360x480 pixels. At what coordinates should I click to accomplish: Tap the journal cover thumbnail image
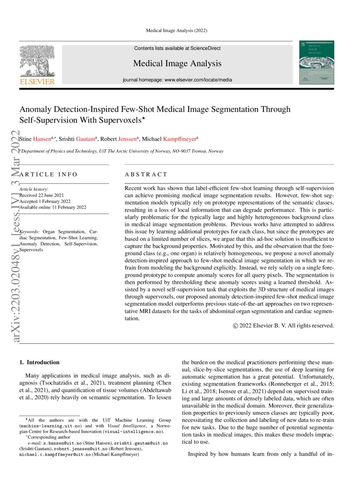tap(316, 62)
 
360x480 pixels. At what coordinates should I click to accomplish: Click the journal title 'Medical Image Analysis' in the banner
tap(177, 64)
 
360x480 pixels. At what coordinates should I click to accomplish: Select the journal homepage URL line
tap(177, 80)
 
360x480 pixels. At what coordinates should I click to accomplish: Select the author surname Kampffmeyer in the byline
tap(179, 139)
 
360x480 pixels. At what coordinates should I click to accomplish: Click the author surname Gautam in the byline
tap(83, 139)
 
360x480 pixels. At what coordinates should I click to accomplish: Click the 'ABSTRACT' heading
tap(146, 174)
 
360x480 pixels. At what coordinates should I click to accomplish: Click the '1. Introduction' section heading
tap(40, 362)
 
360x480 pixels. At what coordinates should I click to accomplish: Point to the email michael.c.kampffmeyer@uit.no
tap(56, 454)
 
